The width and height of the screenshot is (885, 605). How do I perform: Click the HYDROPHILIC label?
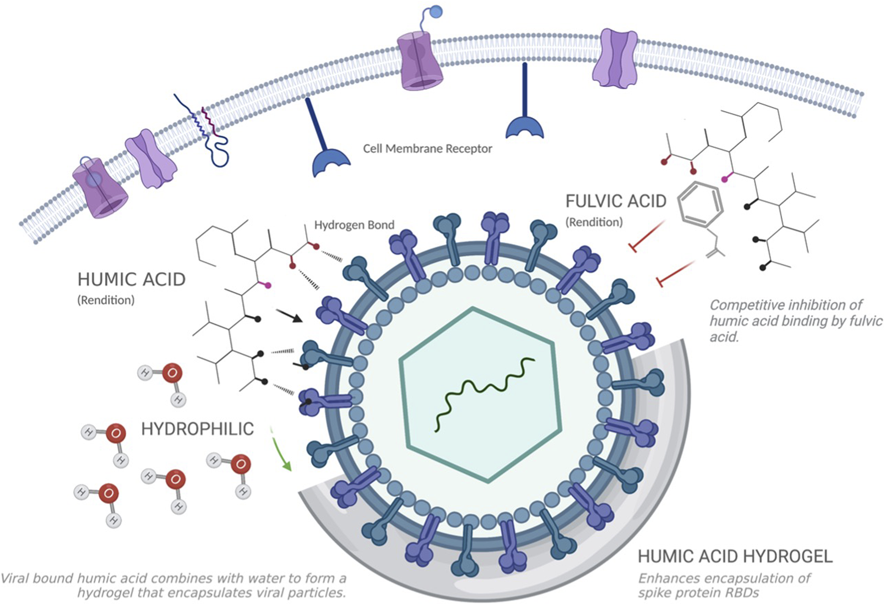197,429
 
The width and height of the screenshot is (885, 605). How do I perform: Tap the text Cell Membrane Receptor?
428,149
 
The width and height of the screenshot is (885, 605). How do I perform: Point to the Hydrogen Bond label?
354,225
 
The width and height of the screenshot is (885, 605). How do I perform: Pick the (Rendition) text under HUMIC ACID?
106,300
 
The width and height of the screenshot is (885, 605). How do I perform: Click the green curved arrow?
280,449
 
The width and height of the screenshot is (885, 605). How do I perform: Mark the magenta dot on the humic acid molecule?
268,286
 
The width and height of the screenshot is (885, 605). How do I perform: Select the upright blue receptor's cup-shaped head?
524,127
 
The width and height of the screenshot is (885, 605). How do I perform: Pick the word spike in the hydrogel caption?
656,593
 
